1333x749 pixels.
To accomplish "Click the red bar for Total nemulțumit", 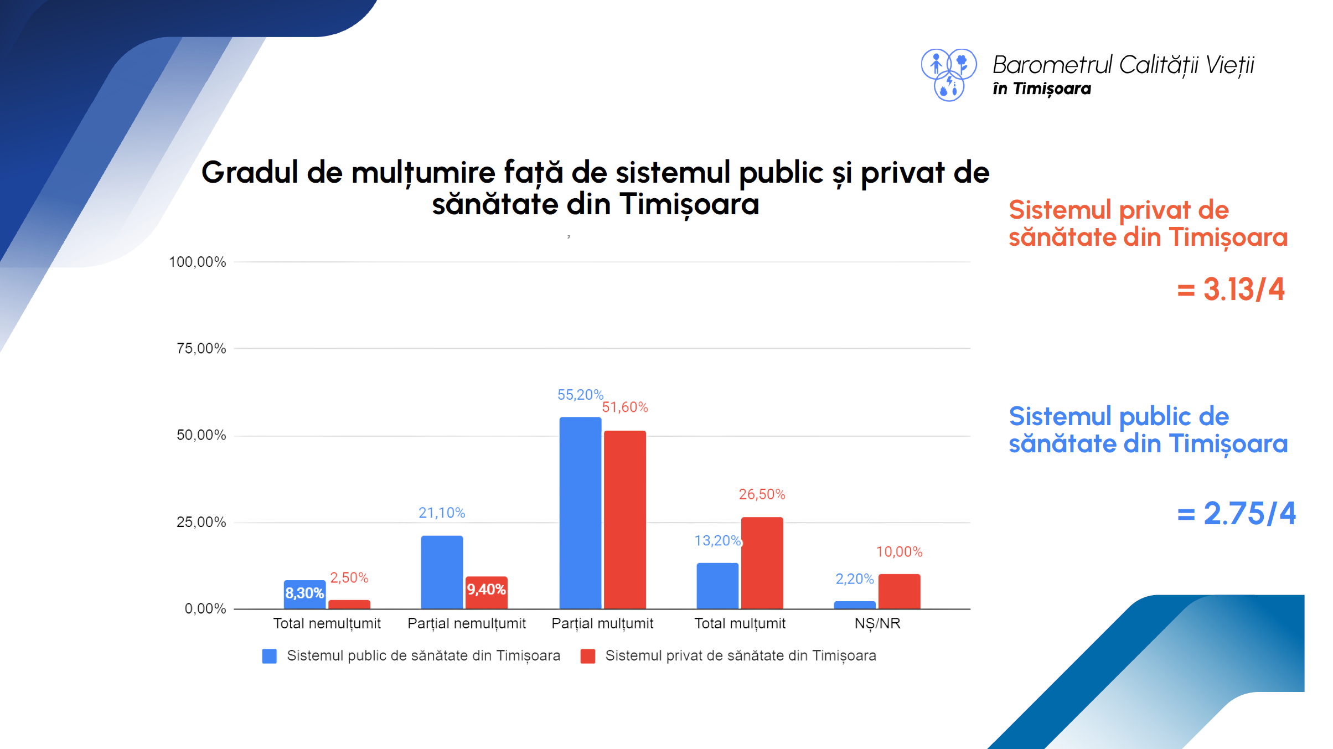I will click(x=349, y=604).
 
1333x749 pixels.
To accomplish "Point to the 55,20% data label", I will click(x=580, y=395).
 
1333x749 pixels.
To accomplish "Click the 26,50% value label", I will click(x=762, y=494).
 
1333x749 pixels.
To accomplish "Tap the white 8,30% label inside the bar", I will click(x=304, y=593).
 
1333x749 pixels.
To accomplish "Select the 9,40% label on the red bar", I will click(x=486, y=589).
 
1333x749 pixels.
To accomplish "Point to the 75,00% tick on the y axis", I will click(x=201, y=348).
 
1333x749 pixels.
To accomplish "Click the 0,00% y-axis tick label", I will click(x=205, y=608).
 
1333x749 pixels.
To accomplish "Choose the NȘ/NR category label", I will click(x=877, y=623).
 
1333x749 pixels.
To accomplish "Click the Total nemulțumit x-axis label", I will click(x=327, y=623).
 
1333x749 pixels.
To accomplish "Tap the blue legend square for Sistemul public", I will click(x=270, y=656).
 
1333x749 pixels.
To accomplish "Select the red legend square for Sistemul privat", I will click(x=588, y=656).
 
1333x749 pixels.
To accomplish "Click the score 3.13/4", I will click(x=1243, y=290).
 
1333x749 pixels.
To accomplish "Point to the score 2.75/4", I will click(x=1249, y=513).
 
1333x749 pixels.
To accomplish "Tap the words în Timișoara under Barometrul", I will click(x=1041, y=89).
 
